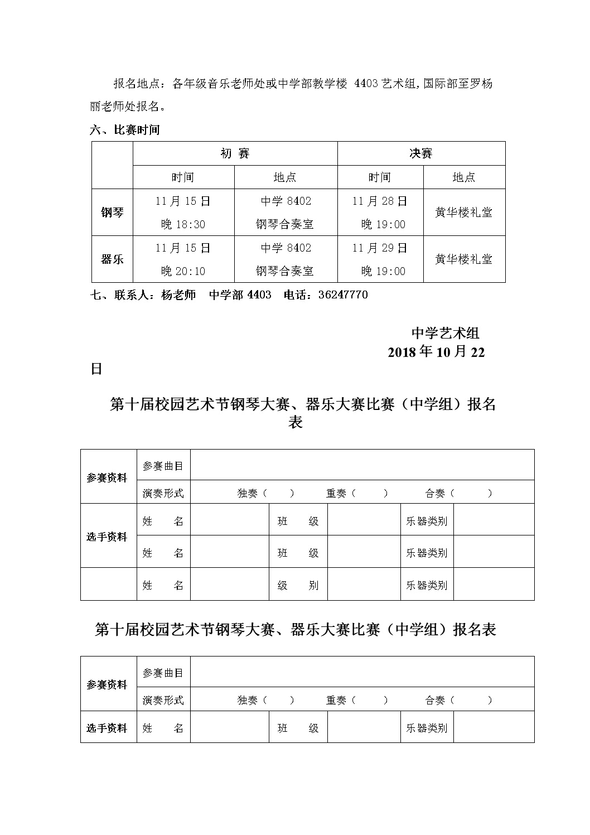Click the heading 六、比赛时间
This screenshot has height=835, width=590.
point(125,130)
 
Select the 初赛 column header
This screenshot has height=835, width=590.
point(235,153)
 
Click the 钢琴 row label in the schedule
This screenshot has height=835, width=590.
point(112,213)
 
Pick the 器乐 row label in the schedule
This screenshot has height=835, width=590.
point(112,259)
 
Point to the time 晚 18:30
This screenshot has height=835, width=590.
point(183,224)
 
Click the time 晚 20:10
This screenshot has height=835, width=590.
point(183,271)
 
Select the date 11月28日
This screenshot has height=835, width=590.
point(380,201)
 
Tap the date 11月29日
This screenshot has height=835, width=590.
point(380,248)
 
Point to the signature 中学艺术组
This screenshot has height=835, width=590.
point(445,333)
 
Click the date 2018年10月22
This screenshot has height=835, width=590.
point(436,352)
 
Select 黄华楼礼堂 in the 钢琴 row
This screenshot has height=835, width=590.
point(463,213)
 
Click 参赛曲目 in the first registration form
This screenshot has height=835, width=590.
point(163,466)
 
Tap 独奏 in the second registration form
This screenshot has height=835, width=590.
point(248,700)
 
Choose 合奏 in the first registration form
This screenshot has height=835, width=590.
point(435,493)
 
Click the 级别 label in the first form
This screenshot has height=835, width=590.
point(298,585)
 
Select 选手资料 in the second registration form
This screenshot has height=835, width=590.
point(107,728)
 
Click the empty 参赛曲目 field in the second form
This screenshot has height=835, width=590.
point(362,673)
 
